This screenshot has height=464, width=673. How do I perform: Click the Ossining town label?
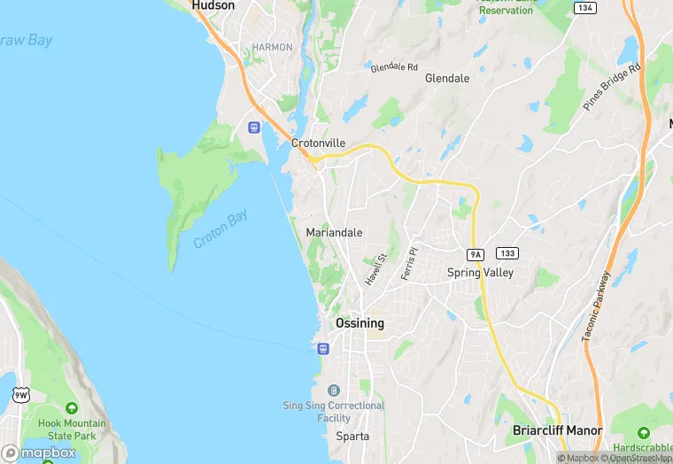360,323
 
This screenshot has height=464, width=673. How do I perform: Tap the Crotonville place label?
318,143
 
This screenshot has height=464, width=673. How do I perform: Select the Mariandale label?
334,232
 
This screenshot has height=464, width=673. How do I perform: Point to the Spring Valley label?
480,273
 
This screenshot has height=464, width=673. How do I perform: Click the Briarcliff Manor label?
557,430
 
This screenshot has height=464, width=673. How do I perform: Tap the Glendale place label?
447,78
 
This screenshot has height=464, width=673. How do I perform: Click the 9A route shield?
476,254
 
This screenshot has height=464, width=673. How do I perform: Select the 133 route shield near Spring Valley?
507,253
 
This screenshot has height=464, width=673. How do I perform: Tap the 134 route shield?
584,7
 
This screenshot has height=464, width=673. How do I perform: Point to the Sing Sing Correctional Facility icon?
333,391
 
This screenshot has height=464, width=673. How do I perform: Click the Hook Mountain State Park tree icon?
71,408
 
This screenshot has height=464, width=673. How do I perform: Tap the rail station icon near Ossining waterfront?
322,348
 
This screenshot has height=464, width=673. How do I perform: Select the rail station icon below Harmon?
254,128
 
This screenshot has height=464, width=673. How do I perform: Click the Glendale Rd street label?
394,66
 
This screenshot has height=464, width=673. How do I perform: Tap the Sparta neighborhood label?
352,437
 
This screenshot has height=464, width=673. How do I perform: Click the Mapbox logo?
39,452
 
